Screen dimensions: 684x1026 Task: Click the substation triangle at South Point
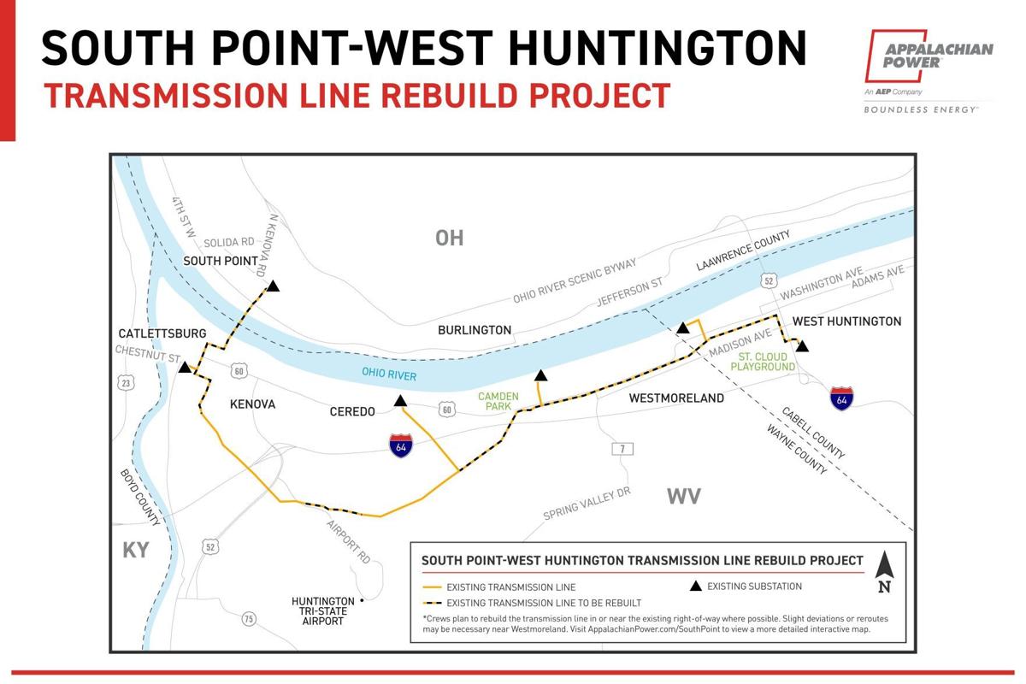click(x=272, y=286)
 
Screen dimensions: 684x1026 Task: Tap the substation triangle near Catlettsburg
click(x=184, y=368)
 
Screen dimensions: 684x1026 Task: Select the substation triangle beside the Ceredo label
click(x=400, y=400)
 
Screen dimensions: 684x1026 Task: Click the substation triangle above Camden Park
click(x=540, y=374)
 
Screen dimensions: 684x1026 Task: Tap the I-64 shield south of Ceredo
click(x=399, y=445)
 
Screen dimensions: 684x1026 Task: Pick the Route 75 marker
click(x=248, y=618)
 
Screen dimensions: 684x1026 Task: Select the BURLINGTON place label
click(x=475, y=330)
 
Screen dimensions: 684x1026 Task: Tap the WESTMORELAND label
click(x=676, y=398)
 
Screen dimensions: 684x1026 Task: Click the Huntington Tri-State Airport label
click(x=322, y=611)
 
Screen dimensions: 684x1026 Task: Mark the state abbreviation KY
click(x=135, y=550)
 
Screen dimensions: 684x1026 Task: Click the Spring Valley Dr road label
click(x=587, y=504)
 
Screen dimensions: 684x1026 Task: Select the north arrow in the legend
click(x=885, y=573)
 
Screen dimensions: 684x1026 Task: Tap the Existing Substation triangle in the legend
click(x=696, y=586)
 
